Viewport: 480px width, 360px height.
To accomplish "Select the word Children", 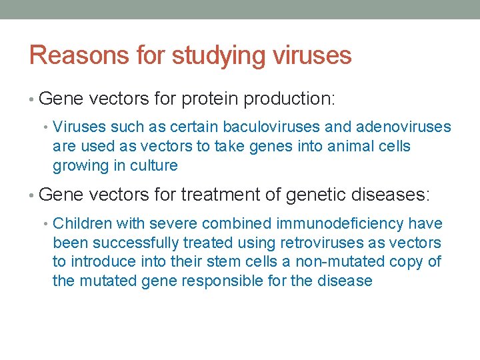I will tap(79, 223).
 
